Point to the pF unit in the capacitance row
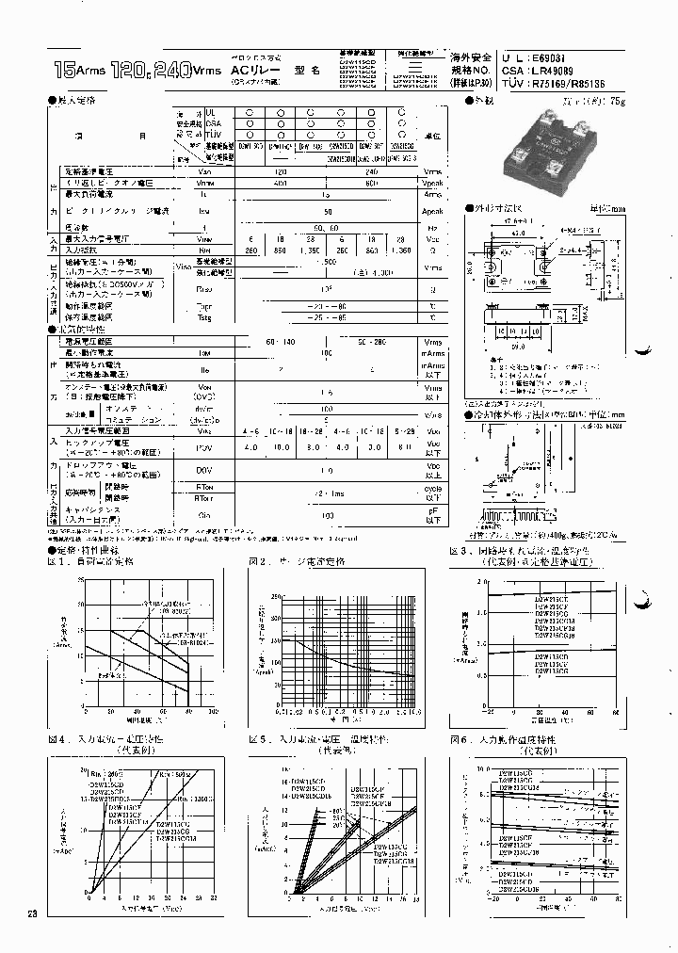click(432, 512)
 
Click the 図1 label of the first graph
click(56, 561)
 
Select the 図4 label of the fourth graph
click(56, 740)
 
